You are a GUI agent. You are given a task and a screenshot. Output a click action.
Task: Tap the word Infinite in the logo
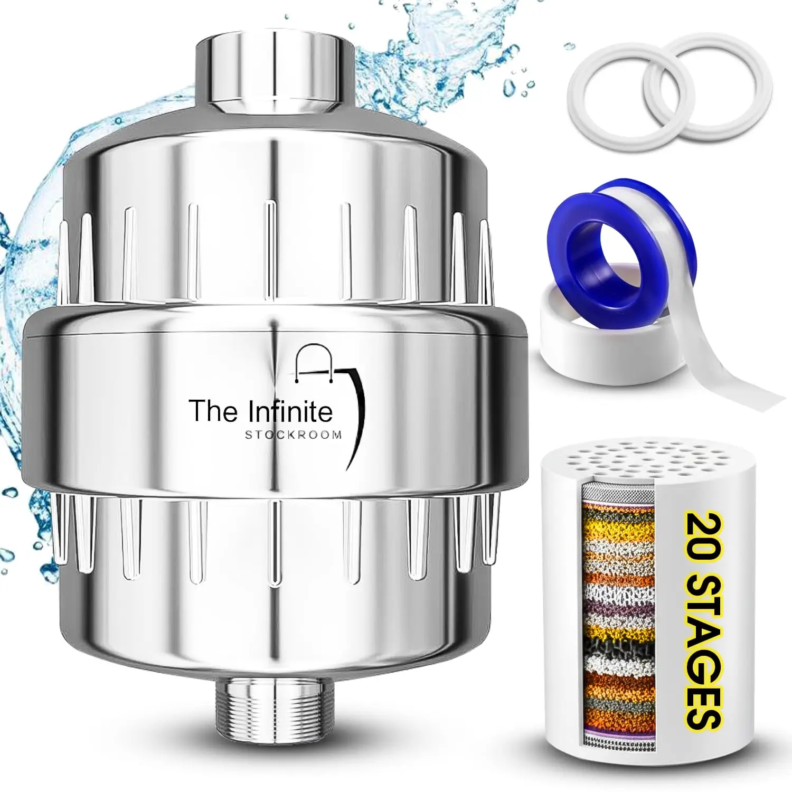[x=290, y=412]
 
